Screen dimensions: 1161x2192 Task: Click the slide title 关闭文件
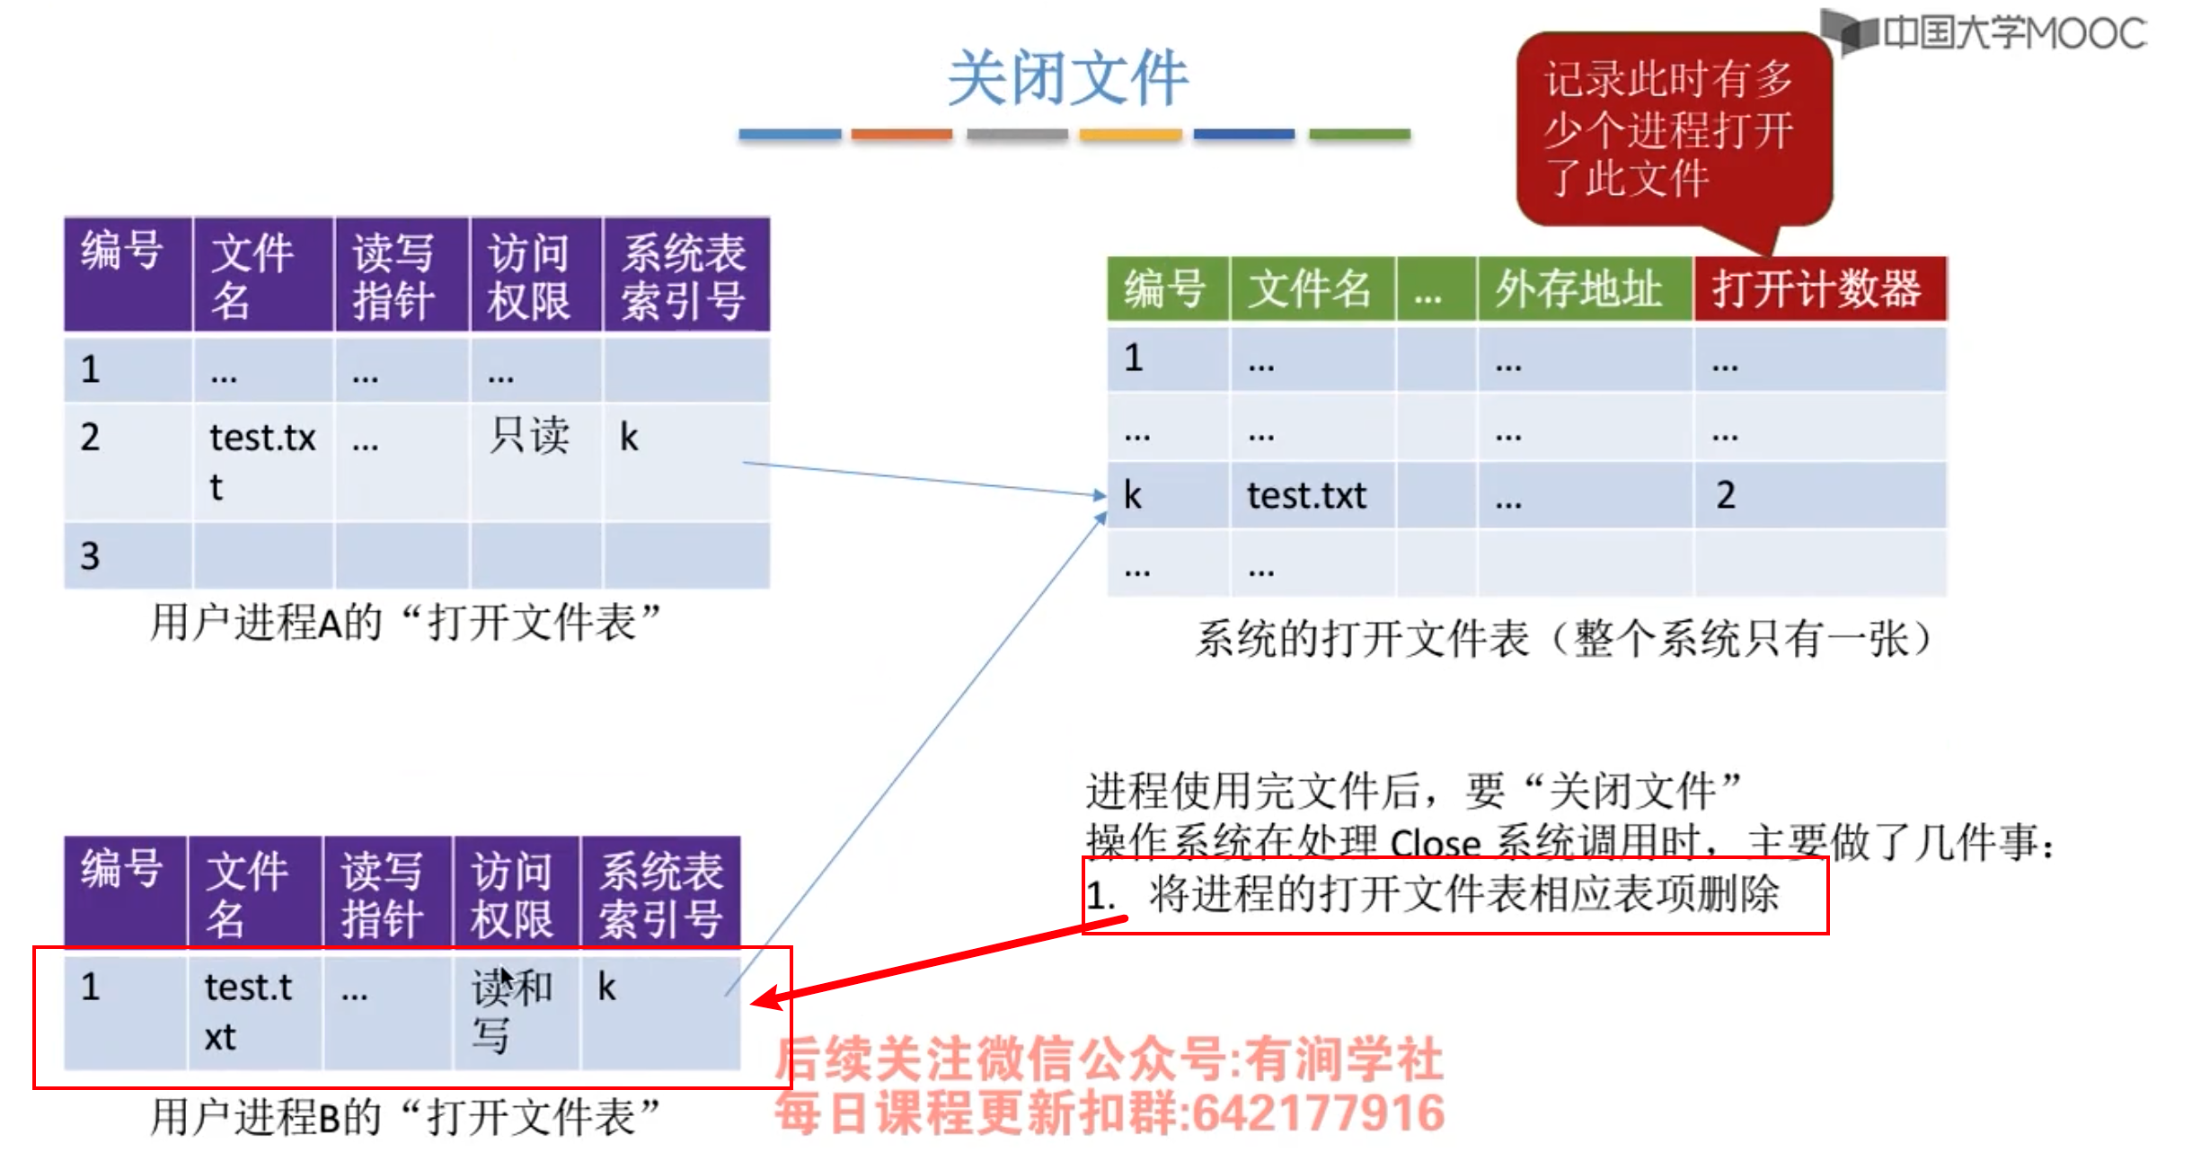pyautogui.click(x=1067, y=79)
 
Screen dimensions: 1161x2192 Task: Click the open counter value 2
pyautogui.click(x=1726, y=495)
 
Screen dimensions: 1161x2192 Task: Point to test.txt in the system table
pyautogui.click(x=1306, y=495)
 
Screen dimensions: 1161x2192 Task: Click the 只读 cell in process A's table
pyautogui.click(x=529, y=437)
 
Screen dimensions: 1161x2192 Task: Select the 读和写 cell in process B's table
pyautogui.click(x=511, y=1010)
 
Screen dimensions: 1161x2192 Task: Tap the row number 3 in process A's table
pyautogui.click(x=90, y=555)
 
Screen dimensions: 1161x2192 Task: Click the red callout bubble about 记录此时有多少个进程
pyautogui.click(x=1671, y=129)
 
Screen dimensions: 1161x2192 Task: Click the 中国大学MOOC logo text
pyautogui.click(x=2012, y=33)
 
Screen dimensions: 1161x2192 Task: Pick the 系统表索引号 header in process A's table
pyautogui.click(x=685, y=275)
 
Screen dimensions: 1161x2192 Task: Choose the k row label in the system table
pyautogui.click(x=1133, y=495)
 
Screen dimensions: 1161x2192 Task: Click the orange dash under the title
pyautogui.click(x=901, y=135)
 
